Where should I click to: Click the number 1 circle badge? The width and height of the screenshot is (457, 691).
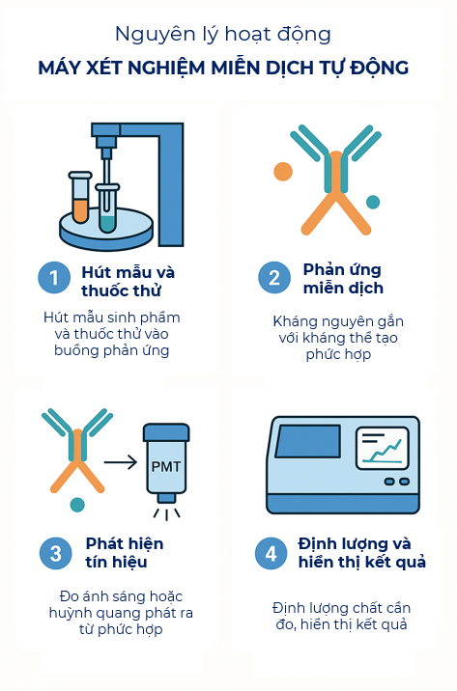(55, 278)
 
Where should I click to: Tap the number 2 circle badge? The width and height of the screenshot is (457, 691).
(274, 278)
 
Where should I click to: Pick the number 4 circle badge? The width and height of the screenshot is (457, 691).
(271, 553)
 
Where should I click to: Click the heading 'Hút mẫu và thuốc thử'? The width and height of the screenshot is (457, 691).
(129, 281)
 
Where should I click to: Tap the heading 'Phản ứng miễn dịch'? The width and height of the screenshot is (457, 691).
(343, 278)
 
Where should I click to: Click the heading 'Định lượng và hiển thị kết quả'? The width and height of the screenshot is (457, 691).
(361, 552)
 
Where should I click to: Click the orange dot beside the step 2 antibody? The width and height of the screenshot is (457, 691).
(282, 172)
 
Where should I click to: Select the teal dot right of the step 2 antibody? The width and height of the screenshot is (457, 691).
(373, 202)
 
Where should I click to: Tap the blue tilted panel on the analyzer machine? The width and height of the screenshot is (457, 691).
(307, 441)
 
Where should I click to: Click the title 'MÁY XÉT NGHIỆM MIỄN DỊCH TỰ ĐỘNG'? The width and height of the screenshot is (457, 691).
(223, 68)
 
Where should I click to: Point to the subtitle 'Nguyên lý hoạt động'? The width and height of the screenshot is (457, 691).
(223, 35)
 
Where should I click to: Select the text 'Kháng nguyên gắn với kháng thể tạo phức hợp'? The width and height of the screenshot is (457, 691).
(337, 337)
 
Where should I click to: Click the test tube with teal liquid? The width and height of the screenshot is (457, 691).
(107, 208)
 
